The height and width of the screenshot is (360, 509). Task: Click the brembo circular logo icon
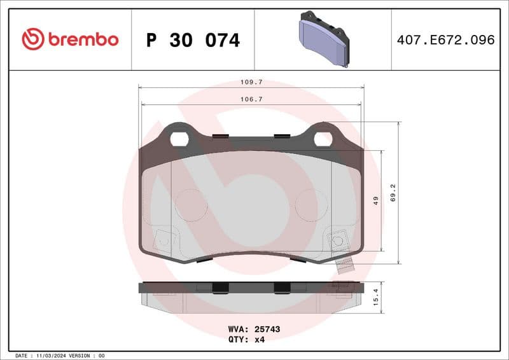[32, 39]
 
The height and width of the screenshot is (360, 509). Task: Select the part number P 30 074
[193, 40]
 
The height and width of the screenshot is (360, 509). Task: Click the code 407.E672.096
[445, 39]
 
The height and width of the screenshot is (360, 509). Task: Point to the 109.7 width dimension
[252, 83]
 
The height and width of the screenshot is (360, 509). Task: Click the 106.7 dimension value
[251, 99]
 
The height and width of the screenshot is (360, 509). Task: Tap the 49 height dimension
[376, 201]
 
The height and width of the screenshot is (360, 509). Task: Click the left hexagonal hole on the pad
[179, 138]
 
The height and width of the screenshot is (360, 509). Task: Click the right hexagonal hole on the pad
[323, 138]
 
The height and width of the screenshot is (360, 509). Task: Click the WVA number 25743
[268, 329]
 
